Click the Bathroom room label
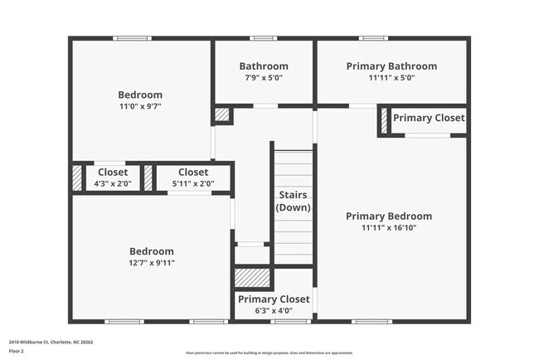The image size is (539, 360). point(264,66)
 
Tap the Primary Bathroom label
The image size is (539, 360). point(391,66)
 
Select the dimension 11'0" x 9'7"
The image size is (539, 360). point(140,106)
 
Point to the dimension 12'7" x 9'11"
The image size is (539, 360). point(152,263)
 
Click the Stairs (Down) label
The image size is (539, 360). point(293,201)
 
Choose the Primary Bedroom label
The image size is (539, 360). point(389,216)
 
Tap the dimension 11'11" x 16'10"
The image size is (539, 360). point(389,227)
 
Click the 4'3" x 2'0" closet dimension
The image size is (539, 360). point(113,183)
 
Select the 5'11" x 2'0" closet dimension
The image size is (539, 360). point(193,183)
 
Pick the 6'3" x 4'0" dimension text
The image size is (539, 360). point(274,310)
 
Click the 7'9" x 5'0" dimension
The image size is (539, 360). point(264,78)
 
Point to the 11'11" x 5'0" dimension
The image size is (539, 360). point(391,78)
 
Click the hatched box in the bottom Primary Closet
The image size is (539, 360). point(253,278)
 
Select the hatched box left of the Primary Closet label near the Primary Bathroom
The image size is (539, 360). point(384,120)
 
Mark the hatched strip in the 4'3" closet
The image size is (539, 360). point(77,178)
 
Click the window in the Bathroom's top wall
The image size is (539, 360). point(264,38)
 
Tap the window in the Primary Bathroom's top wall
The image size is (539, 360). point(374,38)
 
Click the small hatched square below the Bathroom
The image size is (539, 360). point(223,115)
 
